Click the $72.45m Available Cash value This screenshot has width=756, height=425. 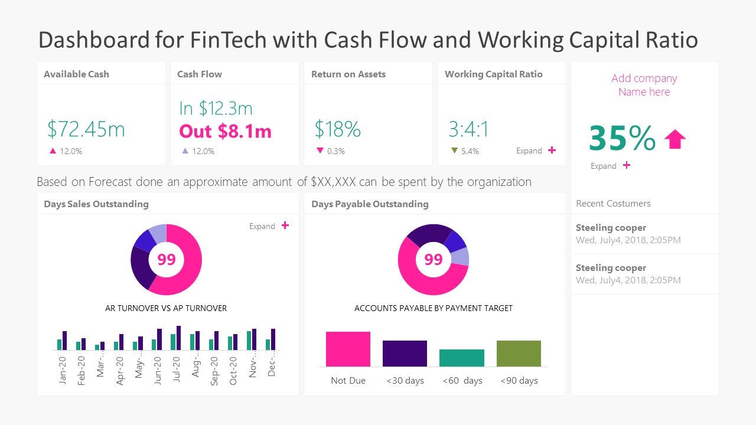[86, 129]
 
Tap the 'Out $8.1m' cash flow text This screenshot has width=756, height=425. [225, 131]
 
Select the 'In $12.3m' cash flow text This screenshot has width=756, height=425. [216, 109]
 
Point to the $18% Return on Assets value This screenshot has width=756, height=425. [337, 129]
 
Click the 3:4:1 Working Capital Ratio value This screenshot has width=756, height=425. [468, 129]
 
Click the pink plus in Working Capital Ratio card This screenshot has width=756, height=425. [552, 151]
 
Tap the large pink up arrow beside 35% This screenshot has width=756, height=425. [675, 139]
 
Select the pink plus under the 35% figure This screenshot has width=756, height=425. [627, 165]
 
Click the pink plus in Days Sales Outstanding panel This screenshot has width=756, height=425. [285, 225]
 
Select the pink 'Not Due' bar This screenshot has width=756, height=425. [348, 349]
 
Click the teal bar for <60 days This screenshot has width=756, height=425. [462, 358]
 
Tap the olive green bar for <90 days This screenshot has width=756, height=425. [519, 354]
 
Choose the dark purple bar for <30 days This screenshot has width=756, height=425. [405, 354]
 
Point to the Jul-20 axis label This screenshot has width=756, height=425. [177, 370]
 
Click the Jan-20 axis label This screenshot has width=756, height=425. [63, 370]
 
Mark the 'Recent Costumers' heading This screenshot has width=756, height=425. [613, 204]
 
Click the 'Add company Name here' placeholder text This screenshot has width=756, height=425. [644, 85]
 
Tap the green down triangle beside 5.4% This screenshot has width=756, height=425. [454, 151]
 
